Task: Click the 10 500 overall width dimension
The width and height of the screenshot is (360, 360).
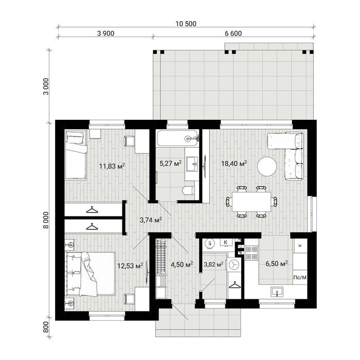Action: (186, 24)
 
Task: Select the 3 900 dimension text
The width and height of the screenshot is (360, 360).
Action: (105, 33)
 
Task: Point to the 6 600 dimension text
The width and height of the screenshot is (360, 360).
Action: (233, 33)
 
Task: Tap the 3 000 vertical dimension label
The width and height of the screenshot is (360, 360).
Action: (46, 86)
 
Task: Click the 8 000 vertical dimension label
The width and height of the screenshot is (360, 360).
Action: (46, 220)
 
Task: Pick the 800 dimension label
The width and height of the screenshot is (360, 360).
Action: (46, 327)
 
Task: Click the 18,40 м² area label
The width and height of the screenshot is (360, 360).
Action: (234, 164)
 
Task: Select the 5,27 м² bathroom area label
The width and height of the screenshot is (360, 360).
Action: (171, 164)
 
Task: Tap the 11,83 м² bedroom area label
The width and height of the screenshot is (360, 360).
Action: (112, 166)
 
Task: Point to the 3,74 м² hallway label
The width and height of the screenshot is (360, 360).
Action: (151, 220)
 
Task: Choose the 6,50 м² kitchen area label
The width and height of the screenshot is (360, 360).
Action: (277, 263)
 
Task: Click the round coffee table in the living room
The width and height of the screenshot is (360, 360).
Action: (267, 167)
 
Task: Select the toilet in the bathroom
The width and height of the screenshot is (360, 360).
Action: (188, 190)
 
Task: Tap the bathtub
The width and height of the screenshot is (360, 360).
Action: (177, 138)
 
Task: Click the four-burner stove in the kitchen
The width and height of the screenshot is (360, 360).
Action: (251, 253)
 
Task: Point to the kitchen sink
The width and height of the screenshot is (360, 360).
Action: (277, 292)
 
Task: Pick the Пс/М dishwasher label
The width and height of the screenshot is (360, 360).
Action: (300, 278)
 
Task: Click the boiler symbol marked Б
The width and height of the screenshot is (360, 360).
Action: (210, 243)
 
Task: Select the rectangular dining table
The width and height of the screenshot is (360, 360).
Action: (251, 202)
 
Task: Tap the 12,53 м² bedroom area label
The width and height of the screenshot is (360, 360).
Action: (130, 266)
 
